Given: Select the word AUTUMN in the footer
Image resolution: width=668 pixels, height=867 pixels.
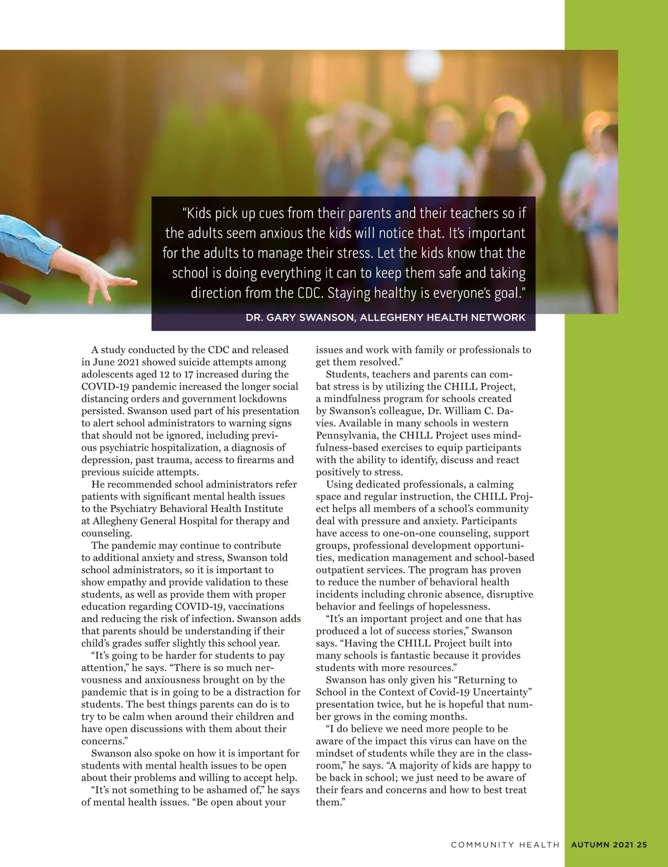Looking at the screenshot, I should point(591,844).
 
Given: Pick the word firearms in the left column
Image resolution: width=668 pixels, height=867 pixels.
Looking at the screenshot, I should point(252,460).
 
